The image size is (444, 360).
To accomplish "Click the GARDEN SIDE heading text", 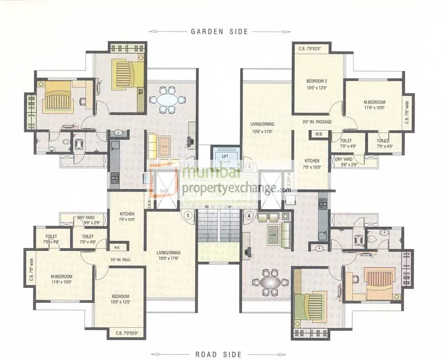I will [x=219, y=32].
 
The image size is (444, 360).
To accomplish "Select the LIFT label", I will [x=225, y=157].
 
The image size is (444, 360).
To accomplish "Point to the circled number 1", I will [x=188, y=215].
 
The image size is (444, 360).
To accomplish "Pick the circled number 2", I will [x=188, y=165].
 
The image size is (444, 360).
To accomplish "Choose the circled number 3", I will [x=250, y=165].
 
